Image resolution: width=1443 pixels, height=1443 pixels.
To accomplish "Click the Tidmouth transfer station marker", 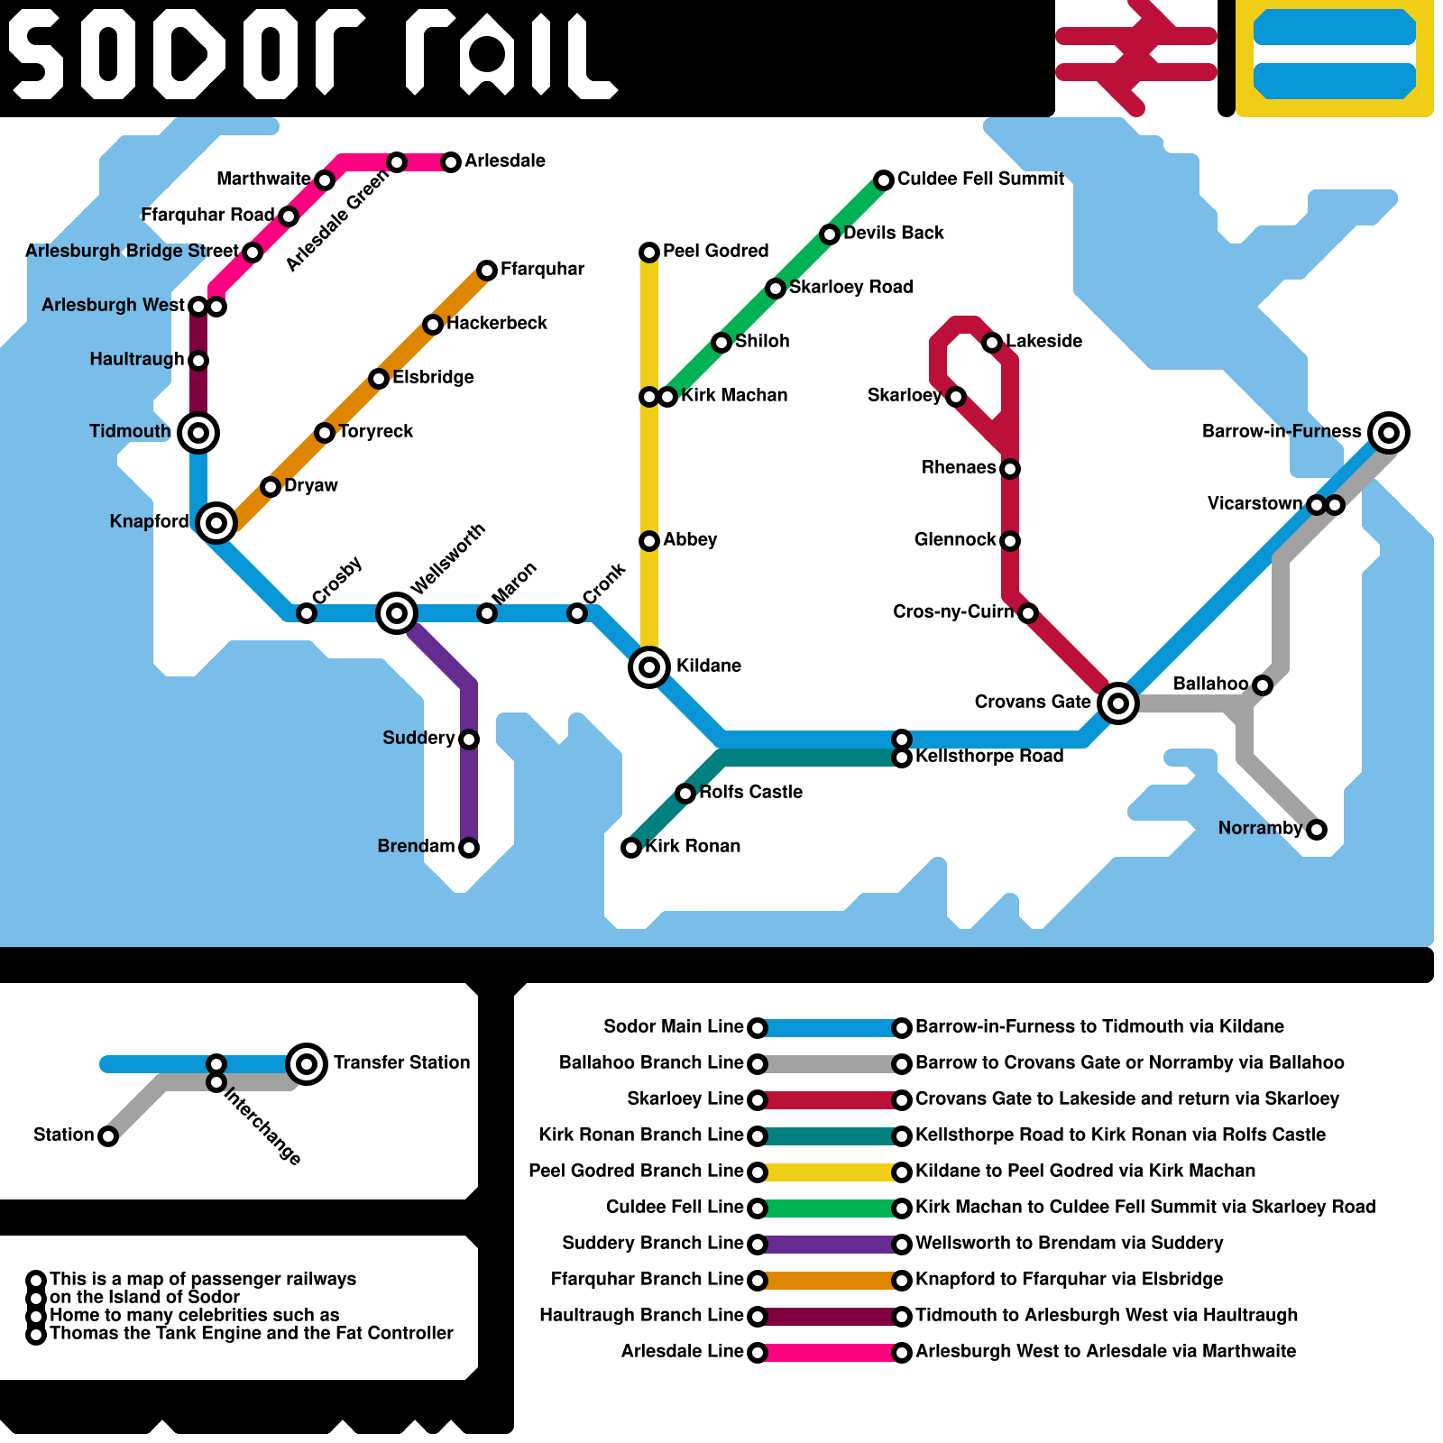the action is [198, 433].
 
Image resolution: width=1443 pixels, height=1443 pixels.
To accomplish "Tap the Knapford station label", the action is [149, 521].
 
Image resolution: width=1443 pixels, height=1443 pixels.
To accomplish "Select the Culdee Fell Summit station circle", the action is [884, 180].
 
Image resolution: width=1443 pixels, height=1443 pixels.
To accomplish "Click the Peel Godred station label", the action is [715, 251].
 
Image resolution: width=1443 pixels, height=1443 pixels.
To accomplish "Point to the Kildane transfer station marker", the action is [649, 667].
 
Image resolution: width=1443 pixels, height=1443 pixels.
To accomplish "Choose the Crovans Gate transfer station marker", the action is [1118, 703].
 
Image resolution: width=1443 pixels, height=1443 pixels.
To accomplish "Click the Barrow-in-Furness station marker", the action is [1389, 433].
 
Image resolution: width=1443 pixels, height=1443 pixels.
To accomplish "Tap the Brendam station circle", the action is [469, 848].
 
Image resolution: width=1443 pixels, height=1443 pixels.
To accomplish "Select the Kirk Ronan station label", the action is [693, 846].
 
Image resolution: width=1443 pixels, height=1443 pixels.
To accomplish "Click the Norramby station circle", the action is [1317, 830].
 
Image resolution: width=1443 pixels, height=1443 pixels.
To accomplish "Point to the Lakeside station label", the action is [1043, 341].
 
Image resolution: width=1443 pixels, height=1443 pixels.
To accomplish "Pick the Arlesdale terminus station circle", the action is [451, 162].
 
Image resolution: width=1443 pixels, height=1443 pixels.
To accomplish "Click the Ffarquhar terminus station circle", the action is [487, 271].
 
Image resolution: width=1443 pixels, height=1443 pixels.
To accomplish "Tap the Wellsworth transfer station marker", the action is [397, 613].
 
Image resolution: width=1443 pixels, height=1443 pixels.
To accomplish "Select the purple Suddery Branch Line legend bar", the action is [830, 1245].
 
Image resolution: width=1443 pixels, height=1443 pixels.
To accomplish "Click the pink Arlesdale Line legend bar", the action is [830, 1353].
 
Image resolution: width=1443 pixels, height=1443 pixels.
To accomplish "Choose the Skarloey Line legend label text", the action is [685, 1098].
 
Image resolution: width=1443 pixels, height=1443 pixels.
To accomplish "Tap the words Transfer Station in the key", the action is [401, 1062].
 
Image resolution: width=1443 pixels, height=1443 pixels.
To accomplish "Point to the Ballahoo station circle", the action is [1263, 685].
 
